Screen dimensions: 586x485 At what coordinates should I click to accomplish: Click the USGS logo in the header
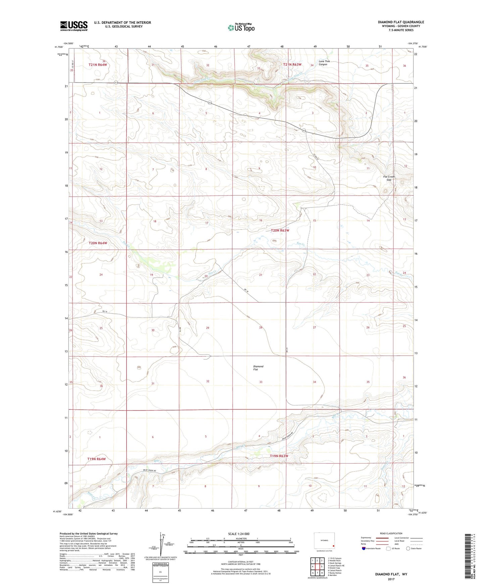pos(74,26)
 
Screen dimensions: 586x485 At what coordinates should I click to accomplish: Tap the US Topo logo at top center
pos(241,28)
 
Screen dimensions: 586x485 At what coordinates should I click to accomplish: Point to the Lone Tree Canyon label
pos(323,63)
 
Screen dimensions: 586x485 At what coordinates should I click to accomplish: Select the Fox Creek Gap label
pos(389,178)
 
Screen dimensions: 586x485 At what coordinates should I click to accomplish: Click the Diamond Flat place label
pos(258,368)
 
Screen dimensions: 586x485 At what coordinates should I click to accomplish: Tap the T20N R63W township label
pos(280,231)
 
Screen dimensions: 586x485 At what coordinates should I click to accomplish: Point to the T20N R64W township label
pos(98,243)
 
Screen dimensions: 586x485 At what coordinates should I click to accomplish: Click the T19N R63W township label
pos(279,456)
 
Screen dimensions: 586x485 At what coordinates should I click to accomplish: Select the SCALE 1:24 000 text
pos(239,534)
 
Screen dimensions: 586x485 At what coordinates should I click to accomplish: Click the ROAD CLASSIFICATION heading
pos(391,533)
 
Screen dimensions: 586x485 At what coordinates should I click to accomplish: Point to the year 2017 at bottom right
pos(391,579)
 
